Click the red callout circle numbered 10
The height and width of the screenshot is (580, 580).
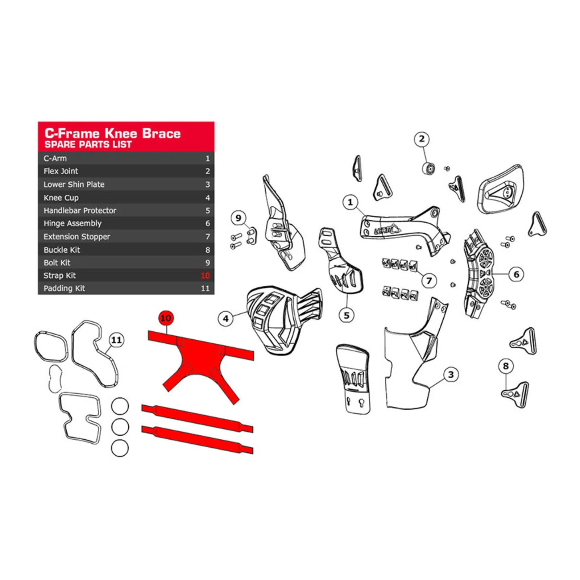click(166, 318)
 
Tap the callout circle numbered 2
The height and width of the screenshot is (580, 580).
click(422, 139)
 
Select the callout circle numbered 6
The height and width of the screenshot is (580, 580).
click(516, 274)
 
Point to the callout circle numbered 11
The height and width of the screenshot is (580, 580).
click(116, 340)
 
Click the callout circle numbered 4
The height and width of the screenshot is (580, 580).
click(225, 319)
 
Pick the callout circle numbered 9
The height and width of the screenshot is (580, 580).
click(238, 218)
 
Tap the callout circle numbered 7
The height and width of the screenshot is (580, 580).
click(429, 281)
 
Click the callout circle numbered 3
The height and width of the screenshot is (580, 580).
click(451, 374)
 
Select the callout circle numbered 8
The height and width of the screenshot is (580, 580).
click(506, 366)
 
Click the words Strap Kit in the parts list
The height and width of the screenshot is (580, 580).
click(60, 275)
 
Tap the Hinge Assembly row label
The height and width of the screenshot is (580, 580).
click(72, 223)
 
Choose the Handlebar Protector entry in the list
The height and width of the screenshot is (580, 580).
click(80, 210)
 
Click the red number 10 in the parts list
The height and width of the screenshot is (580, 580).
click(205, 275)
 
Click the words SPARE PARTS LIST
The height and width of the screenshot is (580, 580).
click(88, 144)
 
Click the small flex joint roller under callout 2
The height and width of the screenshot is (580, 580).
click(429, 169)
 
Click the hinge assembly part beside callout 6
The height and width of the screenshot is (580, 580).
click(478, 274)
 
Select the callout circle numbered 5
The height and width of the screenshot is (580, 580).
click(347, 315)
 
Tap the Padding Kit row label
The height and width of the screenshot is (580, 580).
click(64, 288)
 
